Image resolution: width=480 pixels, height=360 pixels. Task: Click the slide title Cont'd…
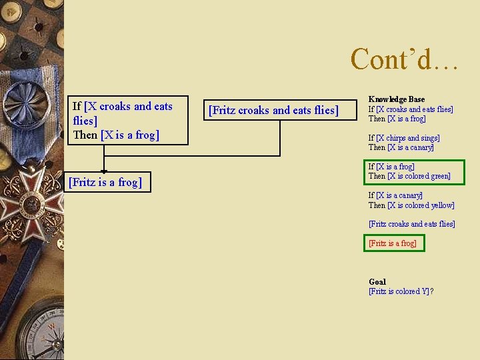pos(404,59)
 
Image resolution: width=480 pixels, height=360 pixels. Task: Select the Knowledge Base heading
pos(396,99)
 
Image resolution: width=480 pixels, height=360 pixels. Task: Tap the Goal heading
pos(377,281)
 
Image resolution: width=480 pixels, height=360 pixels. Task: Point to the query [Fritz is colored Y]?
pos(401,291)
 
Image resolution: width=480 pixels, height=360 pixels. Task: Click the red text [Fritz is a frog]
pos(393,243)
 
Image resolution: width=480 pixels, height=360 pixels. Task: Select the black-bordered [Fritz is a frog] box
pos(109,181)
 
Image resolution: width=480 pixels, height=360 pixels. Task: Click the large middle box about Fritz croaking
pos(273,110)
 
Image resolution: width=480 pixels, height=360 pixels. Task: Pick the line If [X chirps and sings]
pos(404,138)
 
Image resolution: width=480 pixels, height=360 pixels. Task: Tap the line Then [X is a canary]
pos(401,147)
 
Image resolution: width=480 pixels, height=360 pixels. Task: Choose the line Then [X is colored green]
pos(409,176)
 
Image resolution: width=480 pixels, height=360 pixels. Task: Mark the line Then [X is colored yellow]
pos(411,205)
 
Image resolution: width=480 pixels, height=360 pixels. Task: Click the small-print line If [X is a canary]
pos(395,195)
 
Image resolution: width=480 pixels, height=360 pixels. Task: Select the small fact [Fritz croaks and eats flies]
pos(411,224)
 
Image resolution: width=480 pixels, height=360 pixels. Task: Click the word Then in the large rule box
pos(85,135)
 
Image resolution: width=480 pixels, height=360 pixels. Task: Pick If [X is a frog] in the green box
pos(391,167)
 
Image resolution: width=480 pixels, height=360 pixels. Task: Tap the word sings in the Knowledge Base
pos(431,138)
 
